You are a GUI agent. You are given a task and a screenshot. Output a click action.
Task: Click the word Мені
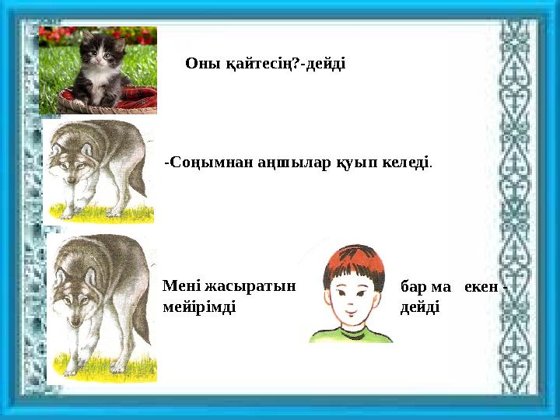(x=180, y=285)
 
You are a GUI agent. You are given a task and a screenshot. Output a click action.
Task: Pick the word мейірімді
(x=199, y=306)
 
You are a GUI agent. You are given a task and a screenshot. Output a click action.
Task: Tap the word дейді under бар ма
(x=419, y=307)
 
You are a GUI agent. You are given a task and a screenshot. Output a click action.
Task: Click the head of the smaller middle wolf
(x=68, y=167)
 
